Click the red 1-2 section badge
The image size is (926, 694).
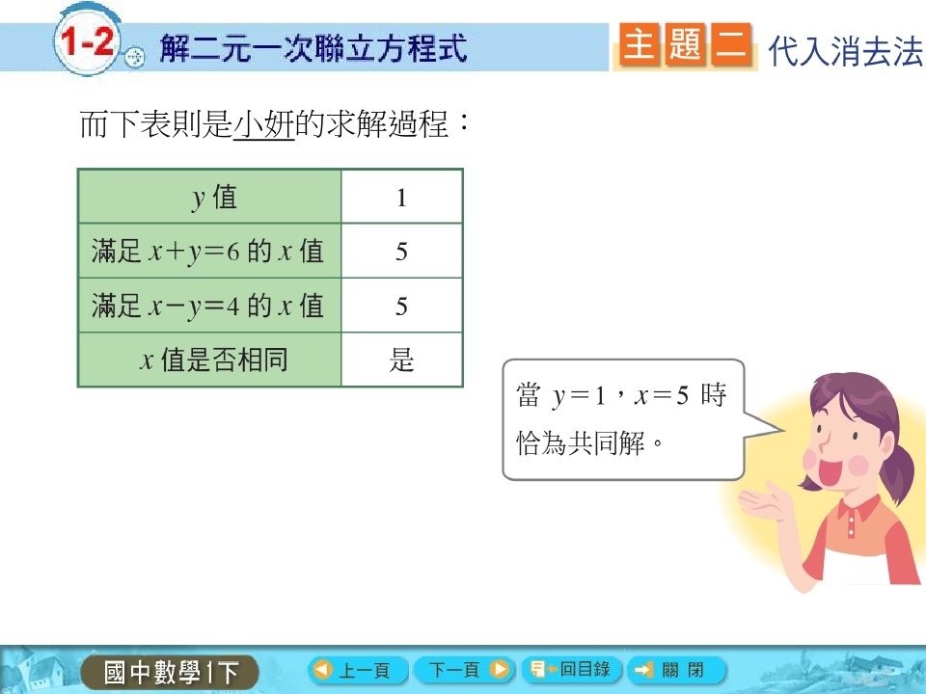point(88,41)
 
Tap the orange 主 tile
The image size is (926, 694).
point(639,44)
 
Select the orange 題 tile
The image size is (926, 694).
point(685,44)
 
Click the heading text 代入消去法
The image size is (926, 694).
point(845,51)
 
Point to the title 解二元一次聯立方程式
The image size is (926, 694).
point(313,48)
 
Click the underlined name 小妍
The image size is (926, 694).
point(264,124)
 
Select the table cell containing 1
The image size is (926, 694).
point(401,197)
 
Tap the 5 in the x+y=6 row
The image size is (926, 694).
point(401,252)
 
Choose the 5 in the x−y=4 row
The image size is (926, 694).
point(401,306)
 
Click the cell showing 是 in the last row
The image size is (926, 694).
point(401,360)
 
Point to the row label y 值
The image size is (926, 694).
point(214,198)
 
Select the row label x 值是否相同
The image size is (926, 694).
point(214,360)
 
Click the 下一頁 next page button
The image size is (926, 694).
point(464,670)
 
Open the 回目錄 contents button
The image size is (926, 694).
point(571,670)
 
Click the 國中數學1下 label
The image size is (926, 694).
point(171,672)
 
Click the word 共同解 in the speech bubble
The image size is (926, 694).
point(606,442)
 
